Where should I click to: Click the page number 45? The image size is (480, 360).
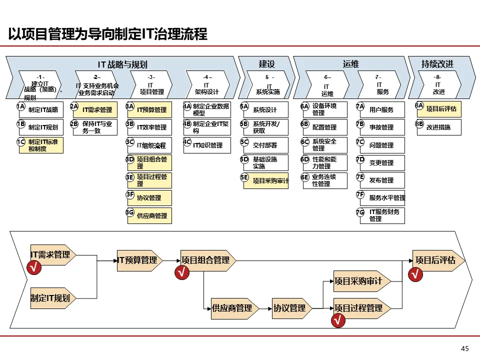click(x=465, y=348)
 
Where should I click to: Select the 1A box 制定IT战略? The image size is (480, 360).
click(x=42, y=110)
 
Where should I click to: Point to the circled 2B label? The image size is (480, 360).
click(x=74, y=124)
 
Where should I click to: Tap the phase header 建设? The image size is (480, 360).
click(x=266, y=64)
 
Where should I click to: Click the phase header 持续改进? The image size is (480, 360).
click(x=437, y=64)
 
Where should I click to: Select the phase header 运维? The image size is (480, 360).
click(x=350, y=64)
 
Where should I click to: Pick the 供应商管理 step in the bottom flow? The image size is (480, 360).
click(x=233, y=308)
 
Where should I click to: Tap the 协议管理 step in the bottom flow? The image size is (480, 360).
click(x=290, y=308)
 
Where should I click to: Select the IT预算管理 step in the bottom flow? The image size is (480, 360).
click(x=138, y=260)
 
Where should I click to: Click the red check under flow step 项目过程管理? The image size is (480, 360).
click(x=338, y=321)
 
